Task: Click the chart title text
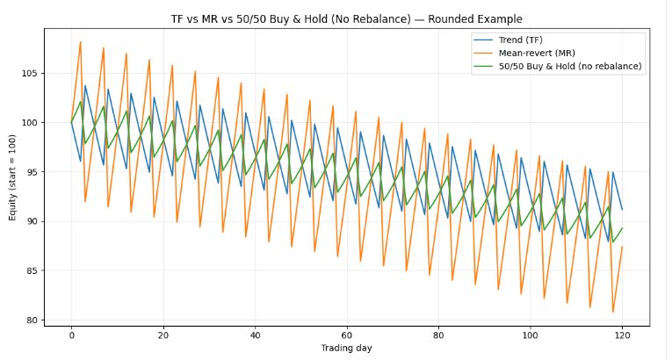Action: pos(346,18)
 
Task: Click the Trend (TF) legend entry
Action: pos(520,40)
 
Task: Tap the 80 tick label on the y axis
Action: pos(38,320)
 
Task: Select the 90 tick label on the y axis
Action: pos(38,221)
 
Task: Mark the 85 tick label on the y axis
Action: pos(38,270)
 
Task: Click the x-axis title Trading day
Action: pos(346,349)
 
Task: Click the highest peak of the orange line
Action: pos(80,42)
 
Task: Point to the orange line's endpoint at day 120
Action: pos(622,247)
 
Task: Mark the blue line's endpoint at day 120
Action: pos(622,209)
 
